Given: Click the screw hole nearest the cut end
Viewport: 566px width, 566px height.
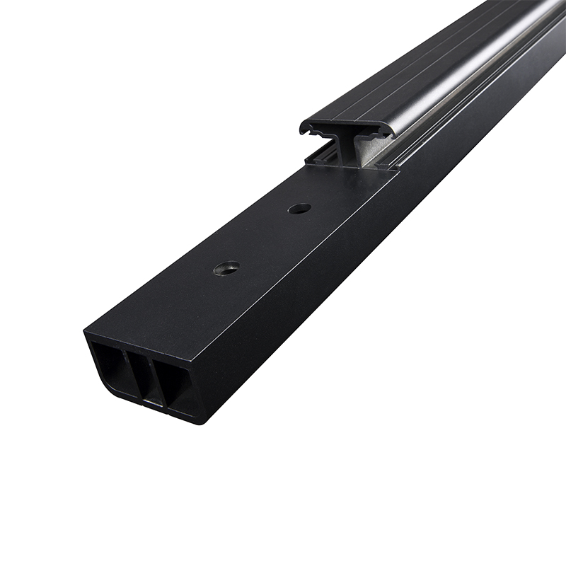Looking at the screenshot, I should pyautogui.click(x=226, y=268).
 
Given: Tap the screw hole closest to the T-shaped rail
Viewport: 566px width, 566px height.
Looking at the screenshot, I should pyautogui.click(x=299, y=209).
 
